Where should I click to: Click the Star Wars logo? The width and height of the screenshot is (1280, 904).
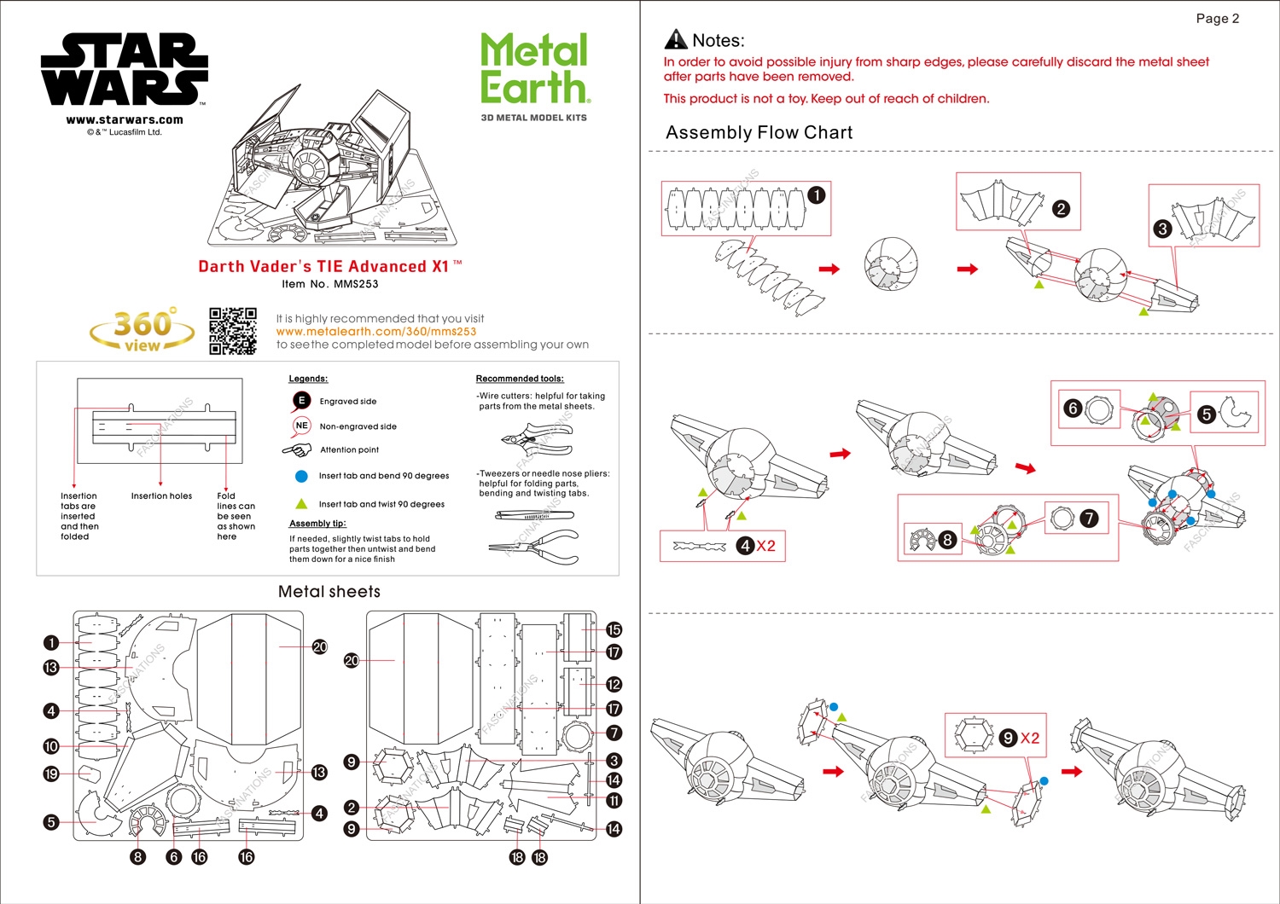pyautogui.click(x=125, y=69)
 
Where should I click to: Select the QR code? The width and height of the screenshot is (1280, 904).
pyautogui.click(x=233, y=331)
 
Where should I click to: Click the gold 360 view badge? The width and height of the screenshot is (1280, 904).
pyautogui.click(x=143, y=329)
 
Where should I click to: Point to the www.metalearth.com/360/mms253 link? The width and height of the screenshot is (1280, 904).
pyautogui.click(x=375, y=332)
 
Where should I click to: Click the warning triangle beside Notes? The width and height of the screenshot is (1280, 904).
pyautogui.click(x=676, y=39)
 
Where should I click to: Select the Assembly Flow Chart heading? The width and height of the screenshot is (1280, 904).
pyautogui.click(x=759, y=132)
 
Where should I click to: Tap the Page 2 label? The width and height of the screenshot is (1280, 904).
pyautogui.click(x=1217, y=19)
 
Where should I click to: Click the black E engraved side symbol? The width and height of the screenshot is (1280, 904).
pyautogui.click(x=301, y=401)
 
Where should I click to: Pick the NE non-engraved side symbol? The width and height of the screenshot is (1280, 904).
pyautogui.click(x=301, y=426)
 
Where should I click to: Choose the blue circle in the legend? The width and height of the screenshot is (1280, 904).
pyautogui.click(x=301, y=476)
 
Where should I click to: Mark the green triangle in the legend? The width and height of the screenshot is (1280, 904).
pyautogui.click(x=301, y=504)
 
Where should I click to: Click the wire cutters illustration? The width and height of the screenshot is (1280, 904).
pyautogui.click(x=537, y=439)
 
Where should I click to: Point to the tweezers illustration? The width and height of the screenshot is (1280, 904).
pyautogui.click(x=534, y=515)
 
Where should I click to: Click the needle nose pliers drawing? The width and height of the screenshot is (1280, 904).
pyautogui.click(x=534, y=547)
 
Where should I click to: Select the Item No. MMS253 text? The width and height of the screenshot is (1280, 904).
pyautogui.click(x=329, y=284)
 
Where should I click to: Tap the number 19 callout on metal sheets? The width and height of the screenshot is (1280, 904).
pyautogui.click(x=51, y=774)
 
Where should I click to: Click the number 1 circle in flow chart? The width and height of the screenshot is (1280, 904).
pyautogui.click(x=817, y=195)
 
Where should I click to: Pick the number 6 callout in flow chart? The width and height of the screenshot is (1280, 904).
pyautogui.click(x=1073, y=409)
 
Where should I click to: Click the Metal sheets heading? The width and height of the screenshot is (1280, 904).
pyautogui.click(x=329, y=592)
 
